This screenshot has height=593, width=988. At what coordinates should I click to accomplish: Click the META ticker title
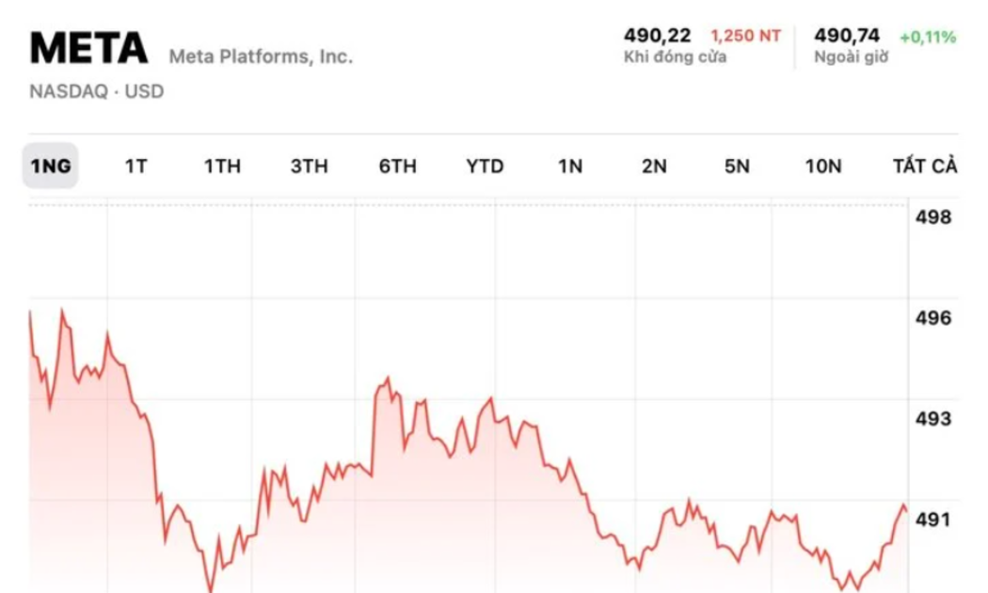[x=89, y=48]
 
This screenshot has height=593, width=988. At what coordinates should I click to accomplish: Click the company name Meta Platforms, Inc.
[x=261, y=56]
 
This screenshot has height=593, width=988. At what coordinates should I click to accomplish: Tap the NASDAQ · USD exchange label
[x=96, y=92]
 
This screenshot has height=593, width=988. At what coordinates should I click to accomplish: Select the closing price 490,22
[x=657, y=36]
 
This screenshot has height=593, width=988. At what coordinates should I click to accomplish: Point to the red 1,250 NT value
[x=745, y=37]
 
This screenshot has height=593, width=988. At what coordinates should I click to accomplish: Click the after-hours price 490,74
[x=847, y=36]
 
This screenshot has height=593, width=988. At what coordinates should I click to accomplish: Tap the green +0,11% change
[x=928, y=37]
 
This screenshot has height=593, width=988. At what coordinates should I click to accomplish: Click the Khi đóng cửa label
[x=675, y=57]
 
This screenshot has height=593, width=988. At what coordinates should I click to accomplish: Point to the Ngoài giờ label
[x=851, y=57]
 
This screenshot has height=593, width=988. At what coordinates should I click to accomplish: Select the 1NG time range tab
[x=51, y=167]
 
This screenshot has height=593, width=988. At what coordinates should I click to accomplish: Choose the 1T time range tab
[x=136, y=167]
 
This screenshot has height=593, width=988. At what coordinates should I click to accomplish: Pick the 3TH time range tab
[x=309, y=167]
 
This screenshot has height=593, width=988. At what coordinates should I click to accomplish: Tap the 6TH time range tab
[x=397, y=167]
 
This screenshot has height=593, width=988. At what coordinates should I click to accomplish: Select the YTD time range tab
[x=485, y=167]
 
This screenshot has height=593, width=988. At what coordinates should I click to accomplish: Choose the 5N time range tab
[x=737, y=167]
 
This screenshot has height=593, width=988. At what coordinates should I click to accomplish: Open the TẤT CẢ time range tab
[x=925, y=167]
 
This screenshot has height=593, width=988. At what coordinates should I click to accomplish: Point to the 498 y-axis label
[x=933, y=217]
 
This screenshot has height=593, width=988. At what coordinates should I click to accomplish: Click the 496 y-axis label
[x=933, y=318]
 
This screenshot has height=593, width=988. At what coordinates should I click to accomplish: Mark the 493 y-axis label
[x=933, y=419]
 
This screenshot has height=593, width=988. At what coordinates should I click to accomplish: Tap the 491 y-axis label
[x=933, y=520]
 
